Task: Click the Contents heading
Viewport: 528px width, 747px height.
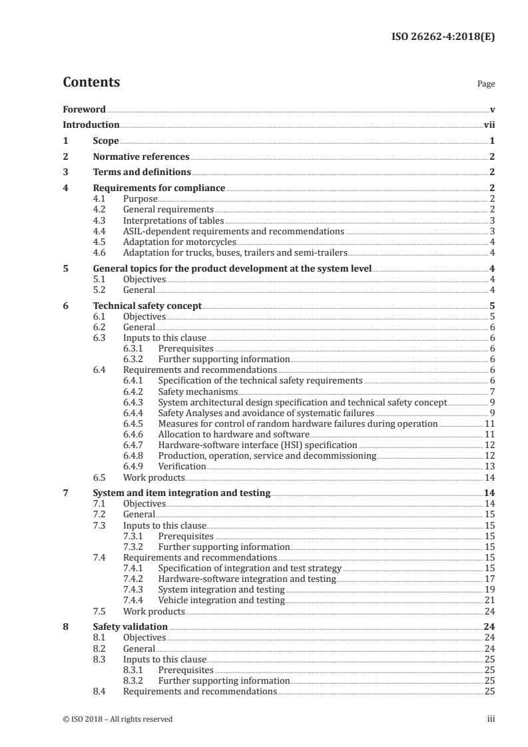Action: (x=91, y=83)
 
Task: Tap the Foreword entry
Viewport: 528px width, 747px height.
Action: (x=84, y=109)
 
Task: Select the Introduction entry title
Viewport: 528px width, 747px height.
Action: (x=91, y=124)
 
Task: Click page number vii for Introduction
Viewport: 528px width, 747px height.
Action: (x=489, y=124)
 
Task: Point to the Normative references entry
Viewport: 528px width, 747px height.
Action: (x=141, y=157)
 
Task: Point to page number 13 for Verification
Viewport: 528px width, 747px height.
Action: (x=489, y=467)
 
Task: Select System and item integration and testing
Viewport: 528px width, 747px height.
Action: (x=181, y=493)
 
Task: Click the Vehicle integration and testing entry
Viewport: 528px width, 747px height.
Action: (x=221, y=601)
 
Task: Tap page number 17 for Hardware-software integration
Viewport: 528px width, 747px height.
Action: (x=489, y=579)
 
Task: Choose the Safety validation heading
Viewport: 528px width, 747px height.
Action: (x=130, y=626)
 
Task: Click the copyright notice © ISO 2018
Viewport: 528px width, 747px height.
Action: (x=118, y=719)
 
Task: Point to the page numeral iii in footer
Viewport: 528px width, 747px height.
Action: (x=491, y=719)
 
